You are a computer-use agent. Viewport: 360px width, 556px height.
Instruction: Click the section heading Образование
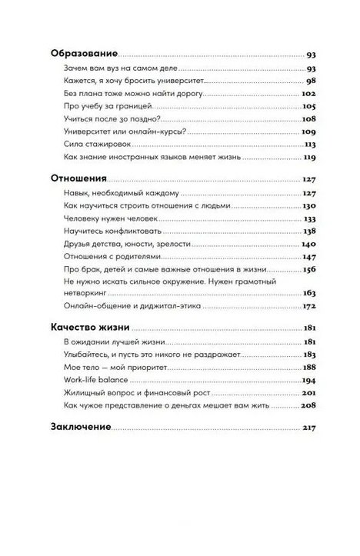84,55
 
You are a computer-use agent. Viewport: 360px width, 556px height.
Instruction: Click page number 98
311,81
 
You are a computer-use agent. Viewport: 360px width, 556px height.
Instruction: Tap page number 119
309,157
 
